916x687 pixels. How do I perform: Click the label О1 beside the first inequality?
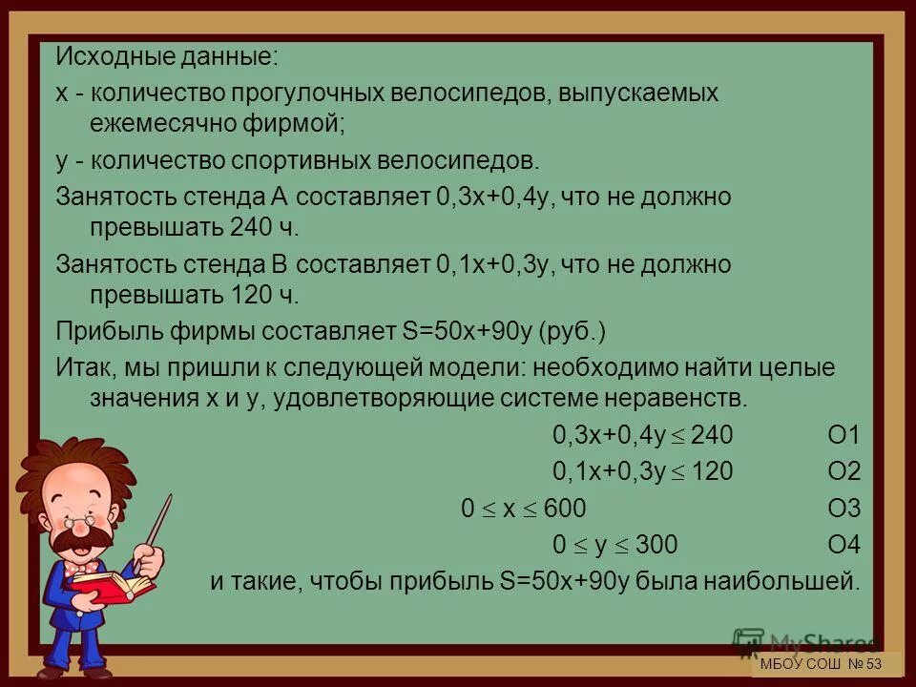coord(843,436)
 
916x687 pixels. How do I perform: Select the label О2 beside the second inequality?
coord(843,471)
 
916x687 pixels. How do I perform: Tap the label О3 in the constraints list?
coord(843,509)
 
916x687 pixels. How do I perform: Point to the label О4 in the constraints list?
coord(843,545)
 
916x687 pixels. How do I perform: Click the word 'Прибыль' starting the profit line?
coord(102,331)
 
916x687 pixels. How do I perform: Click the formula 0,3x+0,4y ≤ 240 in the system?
coord(642,436)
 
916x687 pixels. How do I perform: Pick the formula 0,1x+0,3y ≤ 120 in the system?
coord(642,471)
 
